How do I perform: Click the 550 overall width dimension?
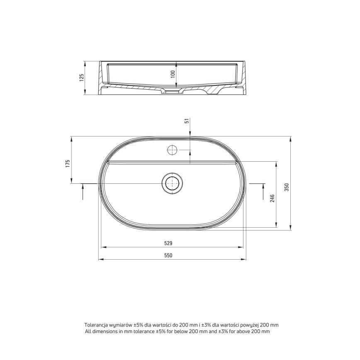[x=168, y=255]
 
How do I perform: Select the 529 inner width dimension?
[x=168, y=243]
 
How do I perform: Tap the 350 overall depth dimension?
[x=286, y=187]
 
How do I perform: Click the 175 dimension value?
[x=67, y=163]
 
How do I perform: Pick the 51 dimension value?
[x=187, y=121]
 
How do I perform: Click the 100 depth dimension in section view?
[x=173, y=75]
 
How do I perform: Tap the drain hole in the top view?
[x=171, y=183]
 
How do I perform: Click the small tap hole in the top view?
[x=172, y=150]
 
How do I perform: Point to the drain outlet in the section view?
[x=171, y=90]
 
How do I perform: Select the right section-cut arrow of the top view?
[x=263, y=192]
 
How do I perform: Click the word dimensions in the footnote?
[x=104, y=331]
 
